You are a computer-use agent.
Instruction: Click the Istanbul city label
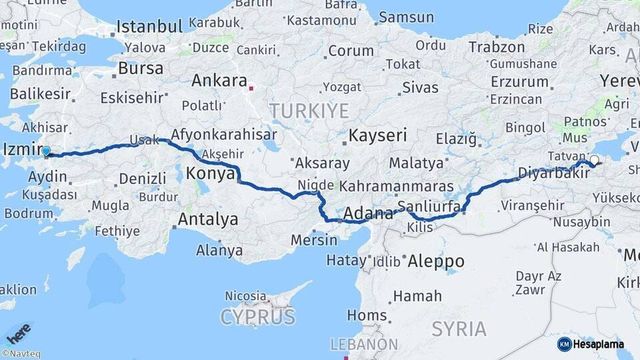point(149,27)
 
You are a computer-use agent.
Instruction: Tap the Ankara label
point(219,81)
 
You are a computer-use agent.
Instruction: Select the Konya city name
point(209,173)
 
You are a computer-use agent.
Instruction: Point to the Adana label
point(368,215)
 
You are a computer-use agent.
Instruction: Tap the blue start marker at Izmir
point(46,152)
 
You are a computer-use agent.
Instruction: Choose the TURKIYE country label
point(309,110)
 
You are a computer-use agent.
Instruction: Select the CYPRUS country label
point(257,316)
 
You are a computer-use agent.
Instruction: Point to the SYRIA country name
point(459,329)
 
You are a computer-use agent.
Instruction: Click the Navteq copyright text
point(21,354)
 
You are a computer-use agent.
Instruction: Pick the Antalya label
point(207,219)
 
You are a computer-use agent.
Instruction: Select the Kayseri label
point(378,135)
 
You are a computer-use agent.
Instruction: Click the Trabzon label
point(497,47)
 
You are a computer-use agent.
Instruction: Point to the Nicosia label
point(245,295)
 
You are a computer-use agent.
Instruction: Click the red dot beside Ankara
point(251,87)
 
